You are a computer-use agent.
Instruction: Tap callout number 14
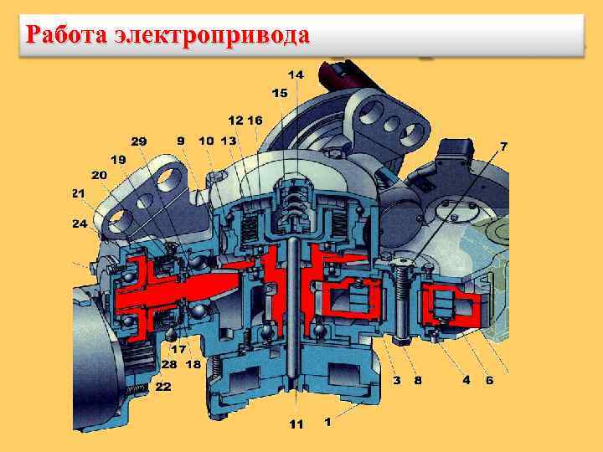(296, 75)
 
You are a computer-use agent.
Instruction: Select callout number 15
(279, 92)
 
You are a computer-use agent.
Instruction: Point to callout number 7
(503, 146)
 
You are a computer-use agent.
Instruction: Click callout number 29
(138, 141)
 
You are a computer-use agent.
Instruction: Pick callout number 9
(181, 141)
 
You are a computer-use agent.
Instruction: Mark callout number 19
(118, 158)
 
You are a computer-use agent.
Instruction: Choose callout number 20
(100, 175)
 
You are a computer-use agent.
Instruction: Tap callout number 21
(79, 193)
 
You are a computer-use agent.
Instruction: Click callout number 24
(79, 223)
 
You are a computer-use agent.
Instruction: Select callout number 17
(178, 349)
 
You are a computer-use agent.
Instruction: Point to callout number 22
(163, 386)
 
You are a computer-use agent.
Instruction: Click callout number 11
(296, 424)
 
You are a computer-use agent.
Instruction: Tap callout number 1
(327, 422)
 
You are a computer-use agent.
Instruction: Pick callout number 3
(396, 379)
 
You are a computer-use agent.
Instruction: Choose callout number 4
(466, 379)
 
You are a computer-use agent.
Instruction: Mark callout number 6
(490, 379)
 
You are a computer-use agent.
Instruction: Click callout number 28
(168, 364)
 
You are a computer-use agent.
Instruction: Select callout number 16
(255, 121)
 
